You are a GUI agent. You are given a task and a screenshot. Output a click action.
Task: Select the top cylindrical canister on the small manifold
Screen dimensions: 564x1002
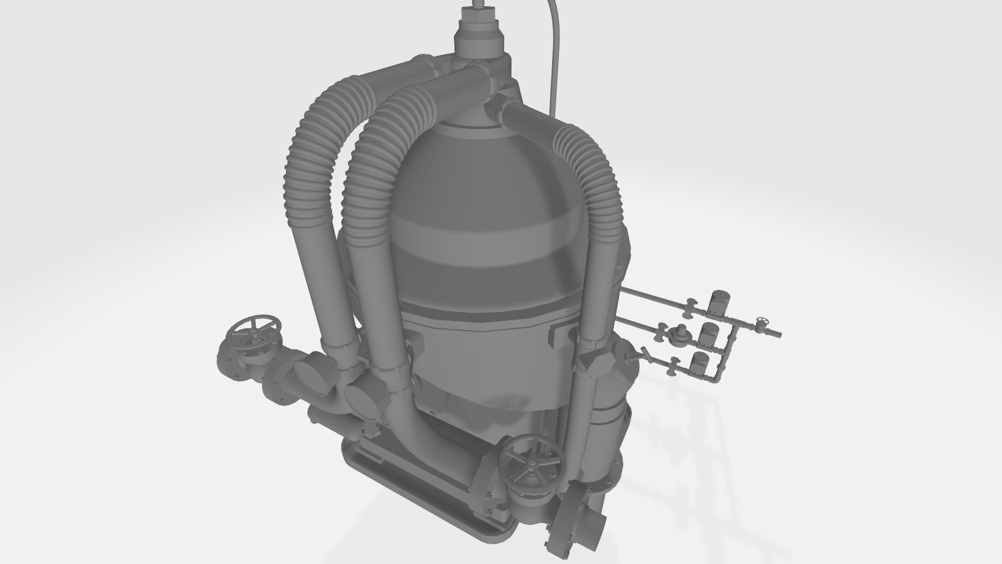(x=720, y=303)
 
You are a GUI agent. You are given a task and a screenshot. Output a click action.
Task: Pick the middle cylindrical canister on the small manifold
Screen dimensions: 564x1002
(x=708, y=334)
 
